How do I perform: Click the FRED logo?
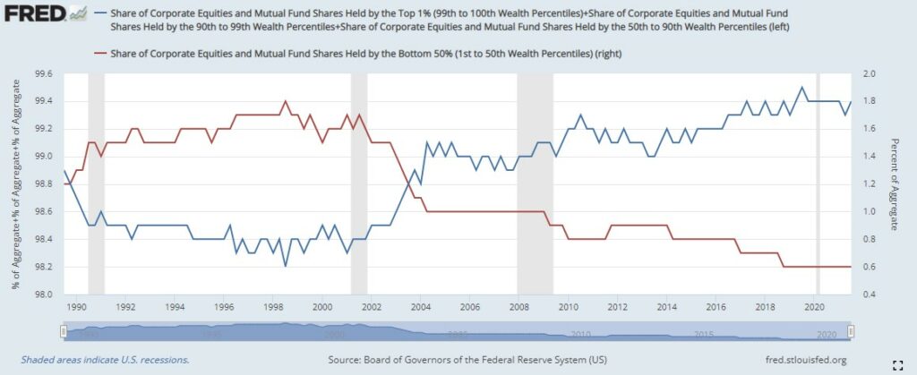[x=35, y=15]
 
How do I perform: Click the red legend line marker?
[x=103, y=54]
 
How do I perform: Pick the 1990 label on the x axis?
[x=75, y=306]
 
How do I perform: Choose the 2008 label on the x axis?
[x=518, y=306]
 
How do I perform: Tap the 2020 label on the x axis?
[x=815, y=306]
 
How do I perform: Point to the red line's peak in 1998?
[x=285, y=101]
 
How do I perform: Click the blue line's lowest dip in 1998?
[x=285, y=266]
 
